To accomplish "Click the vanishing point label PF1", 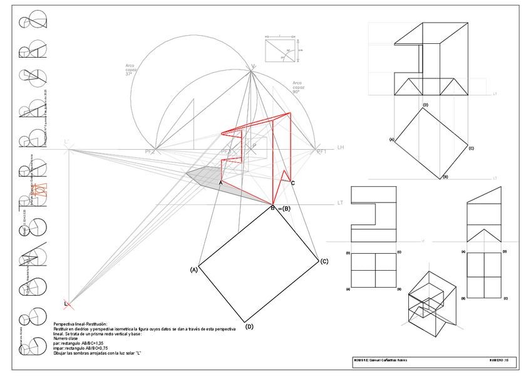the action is point(322,152).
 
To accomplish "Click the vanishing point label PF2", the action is point(150,152).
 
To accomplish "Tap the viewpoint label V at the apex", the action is point(253,66).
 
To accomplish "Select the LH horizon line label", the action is point(341,147).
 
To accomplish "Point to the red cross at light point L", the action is point(68,305).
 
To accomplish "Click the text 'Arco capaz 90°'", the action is point(297,86).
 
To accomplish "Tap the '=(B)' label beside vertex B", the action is point(284,208).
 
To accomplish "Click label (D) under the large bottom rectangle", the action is point(249,326).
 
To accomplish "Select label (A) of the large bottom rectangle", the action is point(194,269).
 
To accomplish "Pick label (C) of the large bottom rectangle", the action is point(324,261).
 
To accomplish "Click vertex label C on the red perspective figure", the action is point(292,182).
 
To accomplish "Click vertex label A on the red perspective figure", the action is point(220,182).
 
